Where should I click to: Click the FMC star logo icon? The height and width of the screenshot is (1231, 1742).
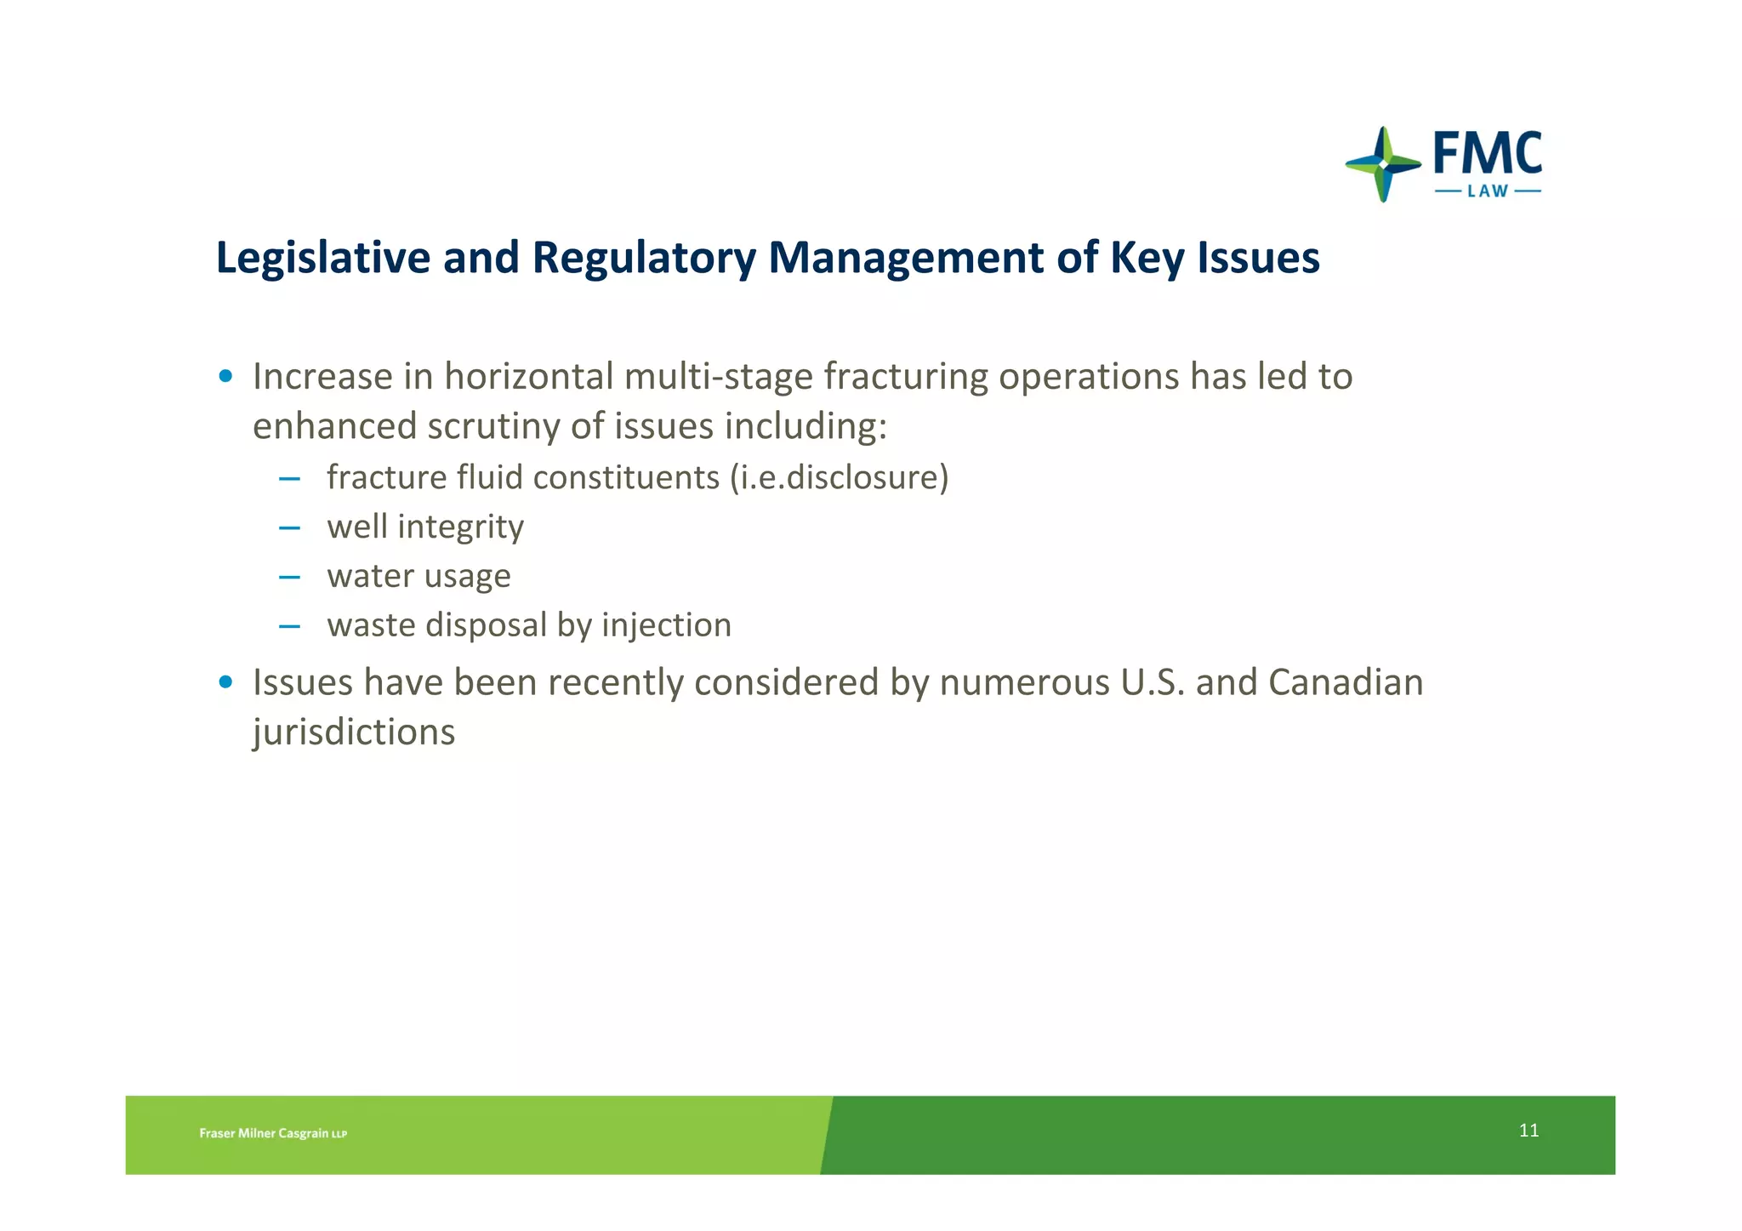click(x=1383, y=164)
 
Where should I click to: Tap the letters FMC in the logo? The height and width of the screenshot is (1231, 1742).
click(x=1488, y=154)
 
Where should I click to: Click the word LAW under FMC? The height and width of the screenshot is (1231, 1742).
click(x=1488, y=191)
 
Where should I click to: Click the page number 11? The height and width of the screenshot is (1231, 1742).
click(x=1529, y=1131)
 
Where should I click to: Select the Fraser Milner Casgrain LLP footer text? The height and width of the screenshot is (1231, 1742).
click(x=273, y=1133)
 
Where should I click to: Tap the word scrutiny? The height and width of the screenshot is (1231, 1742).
click(x=493, y=426)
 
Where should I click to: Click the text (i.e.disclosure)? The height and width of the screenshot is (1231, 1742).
click(x=840, y=477)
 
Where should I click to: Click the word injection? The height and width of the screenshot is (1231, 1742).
click(x=666, y=625)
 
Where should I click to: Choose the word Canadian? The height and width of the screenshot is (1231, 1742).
click(x=1346, y=682)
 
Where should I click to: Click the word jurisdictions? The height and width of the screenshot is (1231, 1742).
click(x=354, y=732)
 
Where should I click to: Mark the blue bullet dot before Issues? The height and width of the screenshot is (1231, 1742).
click(x=225, y=681)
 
